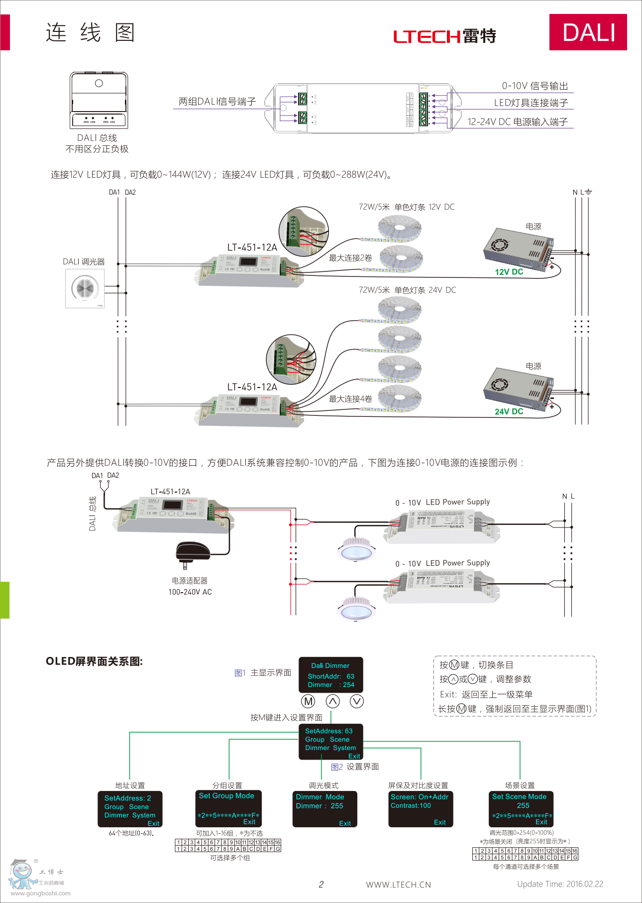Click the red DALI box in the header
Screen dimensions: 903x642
coord(588,32)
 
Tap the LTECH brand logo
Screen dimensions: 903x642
coord(444,36)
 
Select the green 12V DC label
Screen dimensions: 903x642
coord(509,272)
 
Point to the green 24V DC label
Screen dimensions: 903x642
coord(509,411)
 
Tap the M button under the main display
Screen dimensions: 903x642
coord(309,701)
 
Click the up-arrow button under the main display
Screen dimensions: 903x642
coord(332,701)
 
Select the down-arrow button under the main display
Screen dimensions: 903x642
coord(357,701)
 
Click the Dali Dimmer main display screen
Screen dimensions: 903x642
coord(330,675)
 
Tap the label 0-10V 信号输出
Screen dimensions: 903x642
coord(535,86)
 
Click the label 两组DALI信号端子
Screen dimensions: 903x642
coord(217,102)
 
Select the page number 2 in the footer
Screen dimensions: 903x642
coord(321,884)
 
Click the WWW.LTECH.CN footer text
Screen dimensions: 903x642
coord(398,885)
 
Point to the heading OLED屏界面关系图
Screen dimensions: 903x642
coord(94,661)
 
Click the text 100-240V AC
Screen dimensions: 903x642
coord(190,592)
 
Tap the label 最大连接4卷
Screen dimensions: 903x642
coord(350,399)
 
